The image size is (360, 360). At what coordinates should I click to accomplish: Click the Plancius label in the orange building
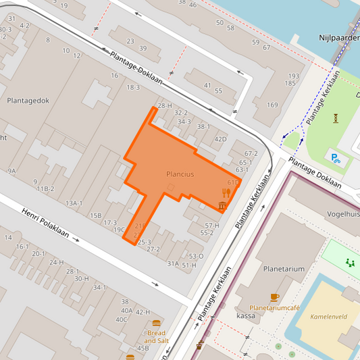click(180, 174)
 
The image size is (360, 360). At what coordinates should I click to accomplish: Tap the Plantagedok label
click(28, 100)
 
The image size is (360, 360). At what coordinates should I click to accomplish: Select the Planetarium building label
click(284, 269)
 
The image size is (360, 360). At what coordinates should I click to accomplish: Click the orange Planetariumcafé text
click(274, 307)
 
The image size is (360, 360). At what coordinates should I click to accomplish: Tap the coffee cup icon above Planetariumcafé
click(274, 297)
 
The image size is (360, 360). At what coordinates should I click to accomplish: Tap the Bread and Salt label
click(156, 336)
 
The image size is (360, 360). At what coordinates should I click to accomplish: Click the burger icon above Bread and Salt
click(157, 324)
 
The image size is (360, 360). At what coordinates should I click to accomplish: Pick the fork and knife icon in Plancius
click(226, 192)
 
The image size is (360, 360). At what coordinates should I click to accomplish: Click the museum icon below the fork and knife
click(222, 205)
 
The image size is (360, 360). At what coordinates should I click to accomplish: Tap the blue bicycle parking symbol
click(336, 159)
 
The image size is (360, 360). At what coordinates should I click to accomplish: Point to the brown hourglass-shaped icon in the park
click(336, 118)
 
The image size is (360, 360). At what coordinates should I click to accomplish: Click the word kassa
click(246, 316)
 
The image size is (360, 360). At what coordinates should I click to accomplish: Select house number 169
click(272, 105)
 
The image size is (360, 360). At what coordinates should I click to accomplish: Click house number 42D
click(220, 139)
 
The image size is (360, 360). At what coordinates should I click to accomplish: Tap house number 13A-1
click(74, 203)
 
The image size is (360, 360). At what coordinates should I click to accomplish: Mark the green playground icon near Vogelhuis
click(349, 263)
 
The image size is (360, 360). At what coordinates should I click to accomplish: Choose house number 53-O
click(196, 256)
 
